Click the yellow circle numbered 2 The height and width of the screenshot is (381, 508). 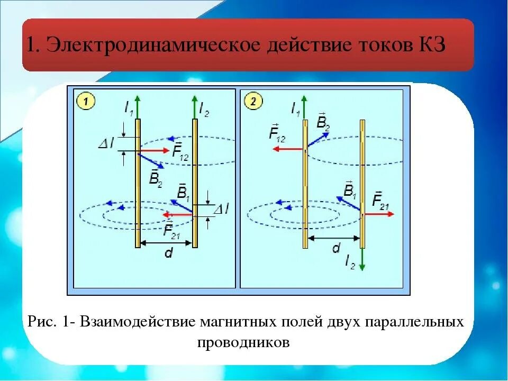pyautogui.click(x=253, y=101)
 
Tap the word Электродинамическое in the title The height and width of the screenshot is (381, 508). pyautogui.click(x=153, y=44)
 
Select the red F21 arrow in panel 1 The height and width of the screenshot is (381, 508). pyautogui.click(x=178, y=215)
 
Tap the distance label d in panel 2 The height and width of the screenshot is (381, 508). pyautogui.click(x=335, y=249)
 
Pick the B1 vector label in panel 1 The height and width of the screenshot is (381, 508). pyautogui.click(x=183, y=192)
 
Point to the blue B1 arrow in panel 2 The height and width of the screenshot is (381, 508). pyautogui.click(x=349, y=204)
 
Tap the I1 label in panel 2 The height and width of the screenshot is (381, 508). pyautogui.click(x=295, y=109)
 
